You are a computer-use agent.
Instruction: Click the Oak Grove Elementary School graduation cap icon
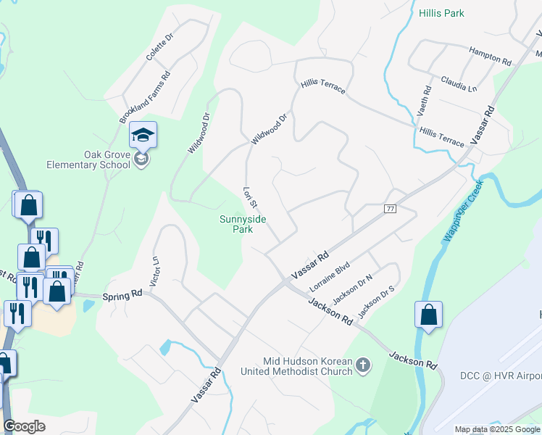[143, 135]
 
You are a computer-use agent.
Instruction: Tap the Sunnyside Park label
[236, 224]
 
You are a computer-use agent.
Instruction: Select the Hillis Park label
[441, 13]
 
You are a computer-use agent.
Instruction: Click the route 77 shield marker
[391, 209]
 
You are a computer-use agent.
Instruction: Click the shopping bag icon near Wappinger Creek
[428, 315]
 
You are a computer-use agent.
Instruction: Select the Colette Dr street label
[161, 46]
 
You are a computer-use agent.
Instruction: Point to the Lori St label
[250, 198]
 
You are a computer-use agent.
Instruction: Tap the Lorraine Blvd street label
[330, 275]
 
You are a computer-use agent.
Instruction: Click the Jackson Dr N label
[351, 289]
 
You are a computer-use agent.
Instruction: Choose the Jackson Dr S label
[376, 300]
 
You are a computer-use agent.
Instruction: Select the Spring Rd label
[122, 297]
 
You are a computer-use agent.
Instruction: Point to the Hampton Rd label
[490, 54]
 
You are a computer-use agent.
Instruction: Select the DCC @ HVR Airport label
[500, 376]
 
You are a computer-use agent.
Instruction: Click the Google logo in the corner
[24, 426]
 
